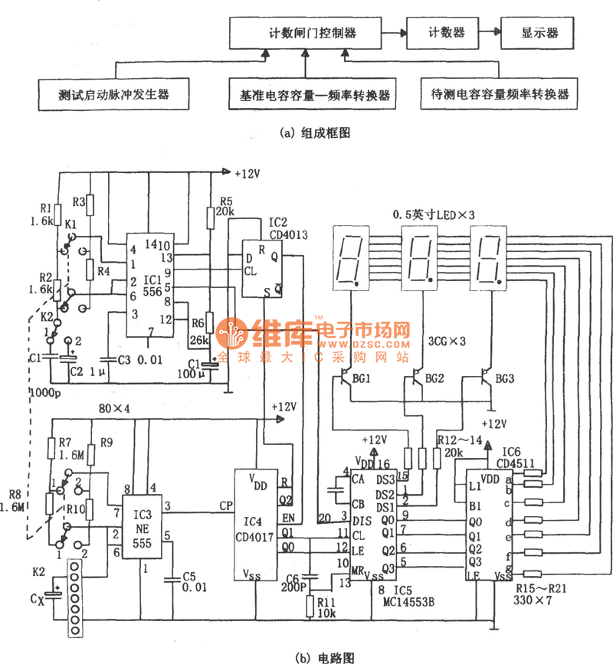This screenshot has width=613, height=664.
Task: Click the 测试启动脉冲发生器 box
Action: (113, 96)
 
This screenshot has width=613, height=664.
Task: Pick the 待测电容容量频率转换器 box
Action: (499, 96)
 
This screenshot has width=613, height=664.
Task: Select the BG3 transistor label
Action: (503, 378)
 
